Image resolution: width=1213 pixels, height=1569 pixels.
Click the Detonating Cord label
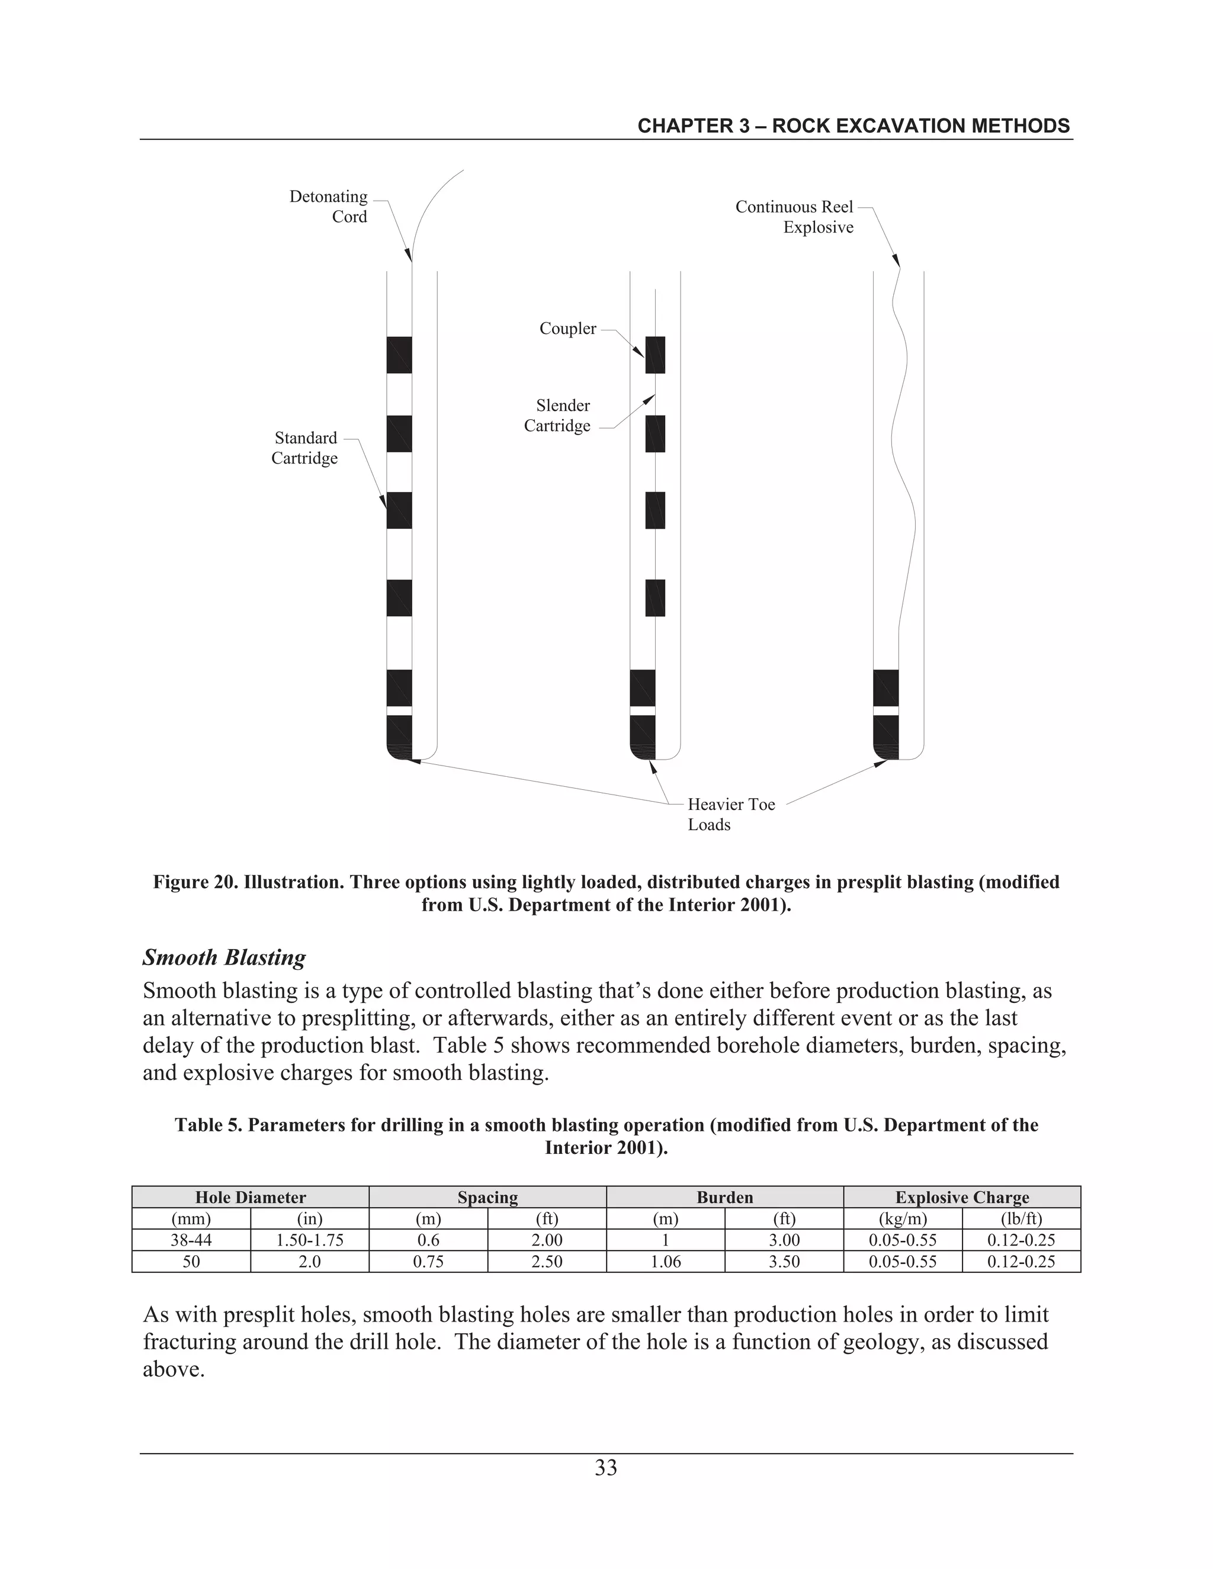coord(328,207)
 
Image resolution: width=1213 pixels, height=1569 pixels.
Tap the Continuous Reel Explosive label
coord(795,217)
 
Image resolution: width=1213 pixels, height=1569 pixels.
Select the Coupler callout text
coord(567,329)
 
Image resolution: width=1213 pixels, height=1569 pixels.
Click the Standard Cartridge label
coord(304,448)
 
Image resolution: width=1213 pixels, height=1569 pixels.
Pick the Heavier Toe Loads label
coord(730,815)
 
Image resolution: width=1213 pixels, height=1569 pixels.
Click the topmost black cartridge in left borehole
coord(399,355)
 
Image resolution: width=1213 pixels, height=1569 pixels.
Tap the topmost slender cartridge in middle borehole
coord(654,355)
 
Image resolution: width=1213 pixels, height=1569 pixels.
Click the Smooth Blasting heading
coord(224,957)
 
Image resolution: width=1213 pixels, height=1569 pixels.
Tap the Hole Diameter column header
coord(250,1198)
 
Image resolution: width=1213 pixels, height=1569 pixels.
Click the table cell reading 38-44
coord(191,1240)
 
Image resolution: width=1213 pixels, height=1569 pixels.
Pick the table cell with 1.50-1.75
coord(310,1240)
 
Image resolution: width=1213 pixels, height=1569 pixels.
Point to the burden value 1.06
coord(665,1262)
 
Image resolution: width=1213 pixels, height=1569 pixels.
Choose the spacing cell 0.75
coord(428,1262)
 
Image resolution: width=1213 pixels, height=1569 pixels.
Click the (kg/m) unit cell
coord(903,1218)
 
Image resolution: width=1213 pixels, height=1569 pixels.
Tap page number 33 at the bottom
coord(606,1468)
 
